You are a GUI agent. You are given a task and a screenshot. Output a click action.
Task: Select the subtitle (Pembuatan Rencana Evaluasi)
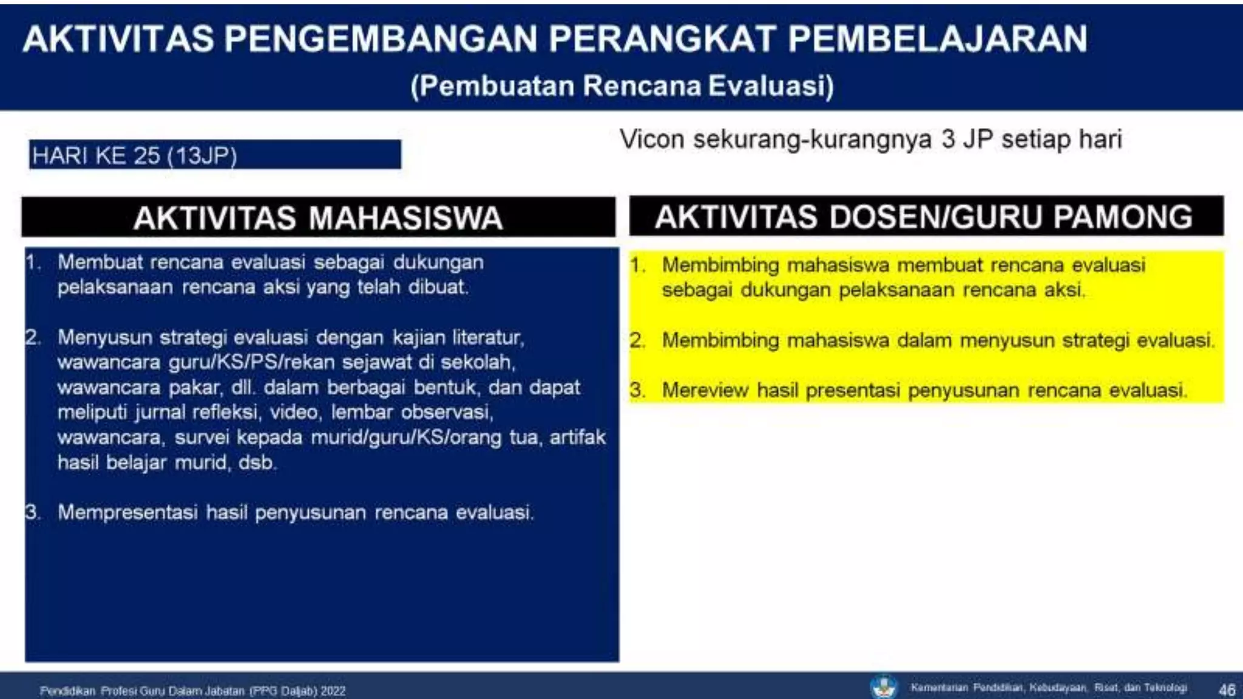(622, 86)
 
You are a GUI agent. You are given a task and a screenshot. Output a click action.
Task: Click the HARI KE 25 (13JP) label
(135, 156)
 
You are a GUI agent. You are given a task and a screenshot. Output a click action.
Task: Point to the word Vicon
(652, 140)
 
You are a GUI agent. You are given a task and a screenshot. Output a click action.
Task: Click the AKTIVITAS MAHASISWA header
(318, 218)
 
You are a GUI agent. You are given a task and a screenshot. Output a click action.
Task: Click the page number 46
(1227, 690)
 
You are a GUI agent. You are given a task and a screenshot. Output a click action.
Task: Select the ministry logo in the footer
(883, 687)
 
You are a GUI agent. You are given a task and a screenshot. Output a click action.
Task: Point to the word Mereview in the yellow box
(705, 390)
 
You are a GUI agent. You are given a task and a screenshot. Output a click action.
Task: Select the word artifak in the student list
(577, 437)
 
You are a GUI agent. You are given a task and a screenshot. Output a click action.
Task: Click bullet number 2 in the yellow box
(637, 340)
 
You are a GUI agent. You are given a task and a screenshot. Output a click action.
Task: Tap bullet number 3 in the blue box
(33, 513)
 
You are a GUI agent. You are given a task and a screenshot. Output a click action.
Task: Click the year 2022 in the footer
(333, 691)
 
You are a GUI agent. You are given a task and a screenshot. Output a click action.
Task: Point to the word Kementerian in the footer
(939, 688)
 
